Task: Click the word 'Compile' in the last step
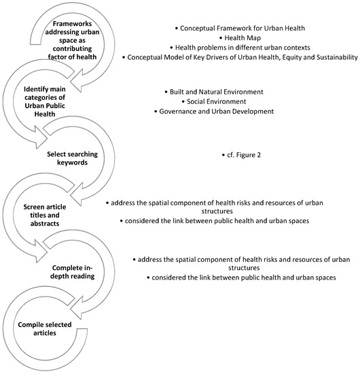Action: [35, 320]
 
